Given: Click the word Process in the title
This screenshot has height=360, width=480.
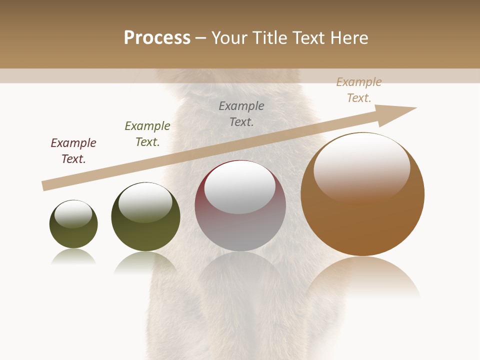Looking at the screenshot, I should pos(157,38).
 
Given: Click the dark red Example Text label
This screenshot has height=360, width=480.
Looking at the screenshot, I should pos(73,151).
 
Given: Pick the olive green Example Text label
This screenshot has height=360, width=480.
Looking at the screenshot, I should pos(147,134).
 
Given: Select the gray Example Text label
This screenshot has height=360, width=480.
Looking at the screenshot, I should pos(241,114).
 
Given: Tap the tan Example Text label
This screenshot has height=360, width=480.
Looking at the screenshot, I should pos(359,90).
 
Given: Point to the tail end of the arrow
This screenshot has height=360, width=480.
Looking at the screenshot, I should pos(45,185).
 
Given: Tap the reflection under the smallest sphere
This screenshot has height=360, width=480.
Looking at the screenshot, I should pos(73,257).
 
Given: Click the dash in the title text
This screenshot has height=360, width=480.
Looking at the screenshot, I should pos(201,38).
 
